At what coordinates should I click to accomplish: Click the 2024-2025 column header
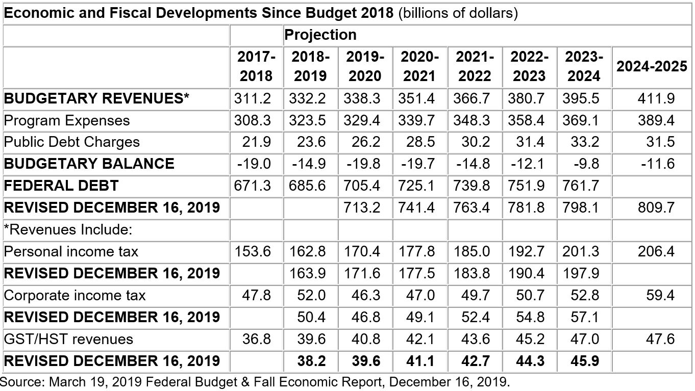652,67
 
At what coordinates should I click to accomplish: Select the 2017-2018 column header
256,67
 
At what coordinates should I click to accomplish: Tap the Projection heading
320,35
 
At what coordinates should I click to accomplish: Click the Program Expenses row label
67,120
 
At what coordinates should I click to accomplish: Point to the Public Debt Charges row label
72,142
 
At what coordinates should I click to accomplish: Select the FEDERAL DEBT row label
61,186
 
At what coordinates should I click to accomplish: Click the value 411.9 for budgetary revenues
656,98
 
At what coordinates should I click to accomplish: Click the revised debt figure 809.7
656,207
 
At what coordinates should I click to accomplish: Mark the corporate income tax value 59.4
660,295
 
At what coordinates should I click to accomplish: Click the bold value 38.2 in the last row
311,361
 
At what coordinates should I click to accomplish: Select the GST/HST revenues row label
68,339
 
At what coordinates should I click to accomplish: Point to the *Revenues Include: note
68,229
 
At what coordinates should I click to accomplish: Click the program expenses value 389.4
656,120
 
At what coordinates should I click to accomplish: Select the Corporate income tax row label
75,295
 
